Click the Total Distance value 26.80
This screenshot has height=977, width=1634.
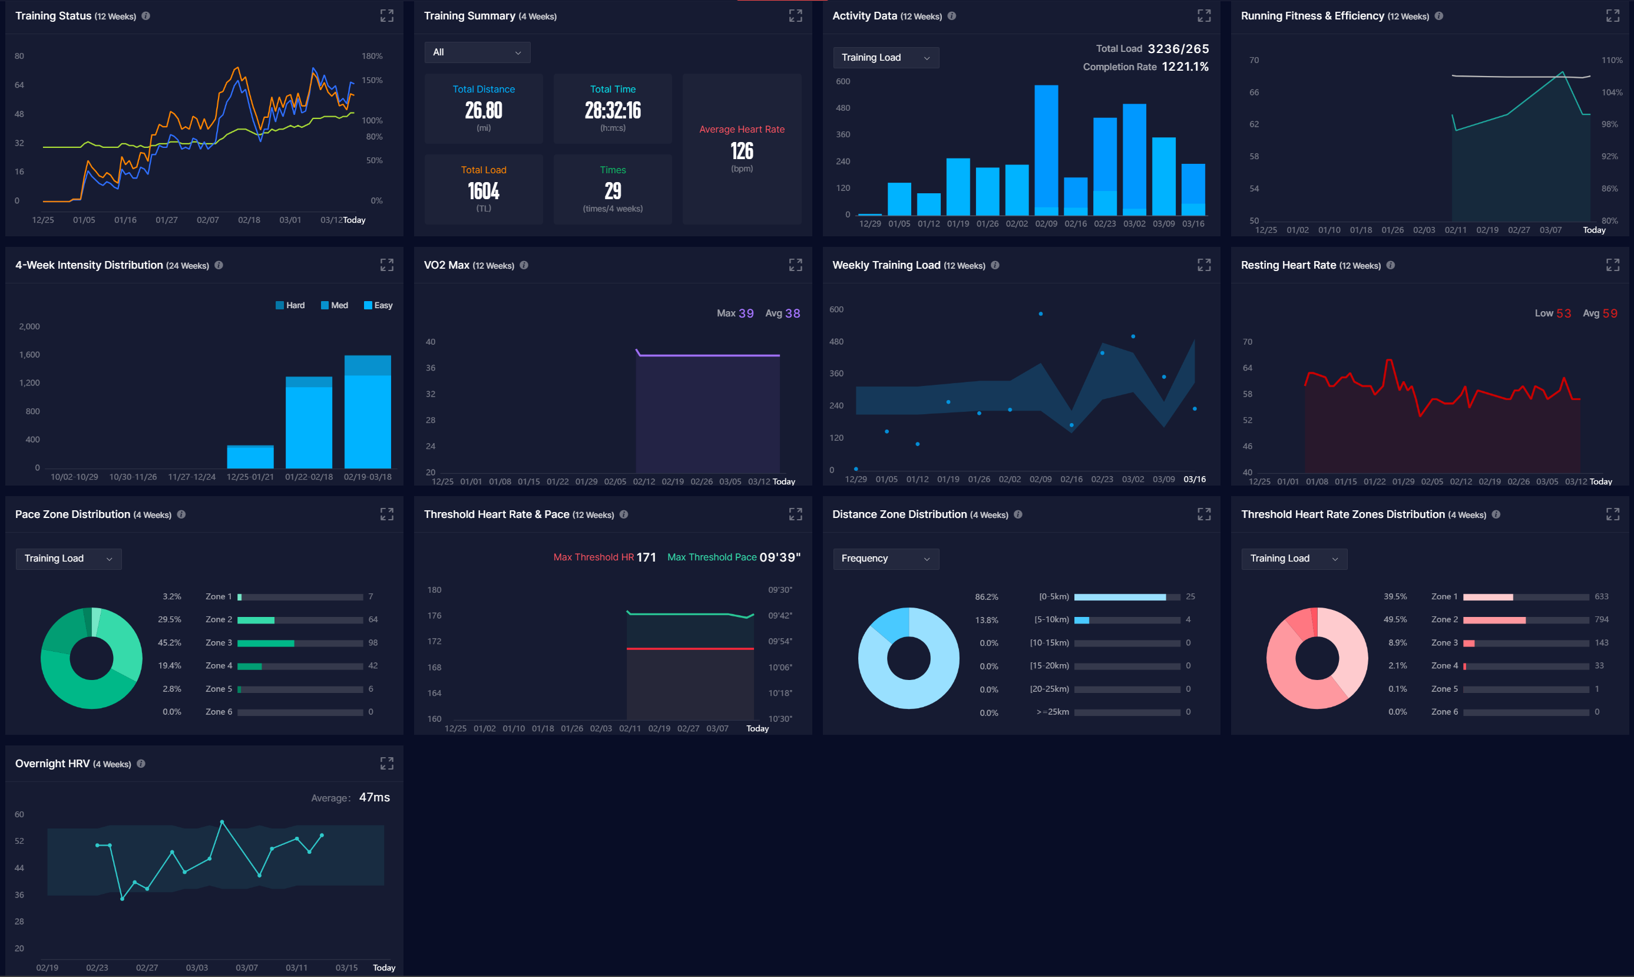click(483, 111)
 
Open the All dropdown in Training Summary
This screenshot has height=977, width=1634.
click(477, 52)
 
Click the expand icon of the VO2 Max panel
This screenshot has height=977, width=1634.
click(795, 265)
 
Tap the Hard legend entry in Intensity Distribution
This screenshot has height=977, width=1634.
click(290, 305)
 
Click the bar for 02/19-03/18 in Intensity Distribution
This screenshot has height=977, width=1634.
click(367, 412)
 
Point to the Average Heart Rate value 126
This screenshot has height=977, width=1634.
click(742, 152)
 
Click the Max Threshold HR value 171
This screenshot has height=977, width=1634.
click(646, 557)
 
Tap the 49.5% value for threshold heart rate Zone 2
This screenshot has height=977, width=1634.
click(1394, 620)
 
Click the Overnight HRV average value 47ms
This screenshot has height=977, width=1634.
click(374, 798)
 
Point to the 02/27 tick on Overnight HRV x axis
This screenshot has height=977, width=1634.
click(147, 968)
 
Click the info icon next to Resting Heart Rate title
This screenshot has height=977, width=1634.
click(1390, 265)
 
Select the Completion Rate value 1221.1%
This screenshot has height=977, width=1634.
click(1185, 67)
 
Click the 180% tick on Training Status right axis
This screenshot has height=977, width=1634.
click(372, 56)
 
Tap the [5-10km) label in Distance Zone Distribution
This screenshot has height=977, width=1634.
click(1051, 620)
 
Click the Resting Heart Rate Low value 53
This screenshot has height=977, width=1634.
click(1563, 314)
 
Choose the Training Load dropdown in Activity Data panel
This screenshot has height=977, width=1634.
click(885, 58)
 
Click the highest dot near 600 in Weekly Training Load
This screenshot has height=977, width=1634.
click(1040, 314)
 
